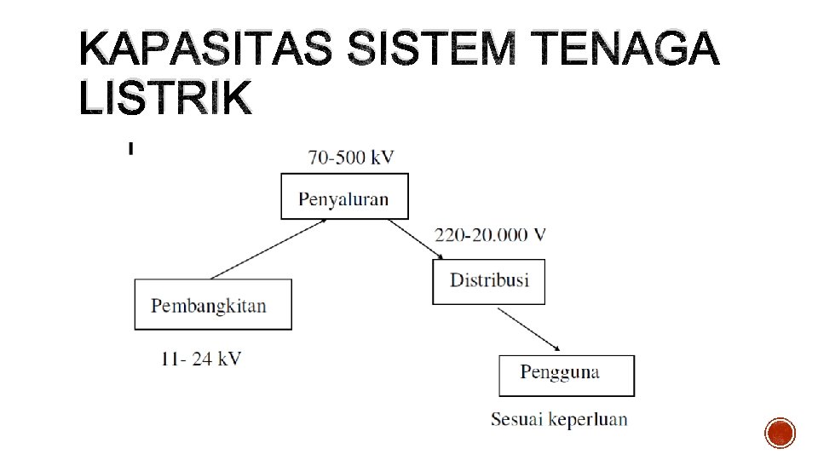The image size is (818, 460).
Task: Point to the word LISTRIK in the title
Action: coord(166,100)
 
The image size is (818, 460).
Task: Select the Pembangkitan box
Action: coord(212,304)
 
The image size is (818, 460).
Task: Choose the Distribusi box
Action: coord(488,281)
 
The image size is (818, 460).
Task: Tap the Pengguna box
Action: coord(566,375)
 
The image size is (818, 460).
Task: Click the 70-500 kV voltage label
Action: coord(351,157)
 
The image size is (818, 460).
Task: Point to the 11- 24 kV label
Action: coord(200,359)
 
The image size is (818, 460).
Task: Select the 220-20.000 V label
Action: coord(490,235)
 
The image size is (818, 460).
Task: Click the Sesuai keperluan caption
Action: coord(559,419)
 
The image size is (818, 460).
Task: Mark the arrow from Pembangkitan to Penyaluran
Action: coord(269,248)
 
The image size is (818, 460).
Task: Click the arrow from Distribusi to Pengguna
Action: coord(528,329)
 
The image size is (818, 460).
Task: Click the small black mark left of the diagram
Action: coord(130,149)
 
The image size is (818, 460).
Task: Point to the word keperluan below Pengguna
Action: coord(588,419)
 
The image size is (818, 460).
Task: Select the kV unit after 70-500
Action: coord(380,157)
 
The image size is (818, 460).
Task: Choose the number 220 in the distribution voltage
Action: coord(449,235)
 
